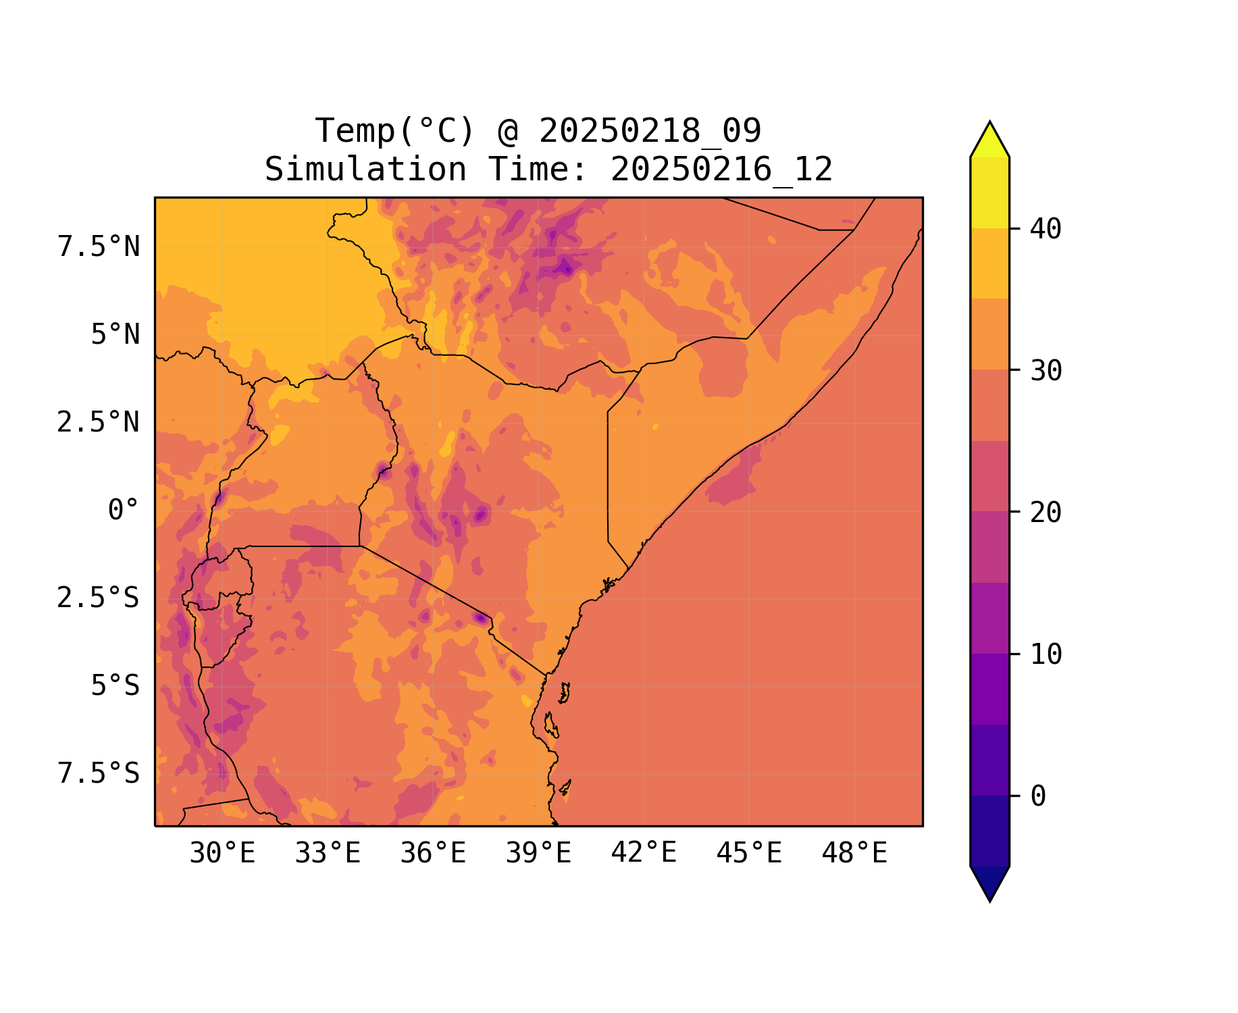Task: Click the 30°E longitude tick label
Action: (x=222, y=854)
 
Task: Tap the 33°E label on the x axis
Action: (x=328, y=854)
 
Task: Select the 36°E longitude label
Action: (x=433, y=854)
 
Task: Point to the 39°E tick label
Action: (x=538, y=854)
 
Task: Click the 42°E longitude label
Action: (x=644, y=853)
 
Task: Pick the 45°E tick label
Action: (x=749, y=854)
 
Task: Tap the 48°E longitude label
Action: (x=854, y=854)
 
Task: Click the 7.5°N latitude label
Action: (x=99, y=247)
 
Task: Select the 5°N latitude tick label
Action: (x=115, y=335)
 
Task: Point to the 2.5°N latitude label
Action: (x=99, y=423)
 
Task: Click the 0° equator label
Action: (x=124, y=511)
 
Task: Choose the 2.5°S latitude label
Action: (x=99, y=598)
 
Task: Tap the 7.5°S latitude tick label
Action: (x=99, y=773)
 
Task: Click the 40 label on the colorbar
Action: (x=1046, y=229)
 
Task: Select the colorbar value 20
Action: (x=1046, y=513)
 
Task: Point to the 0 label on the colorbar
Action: (x=1038, y=796)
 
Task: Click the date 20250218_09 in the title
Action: (x=650, y=131)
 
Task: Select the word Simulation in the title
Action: (x=365, y=170)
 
